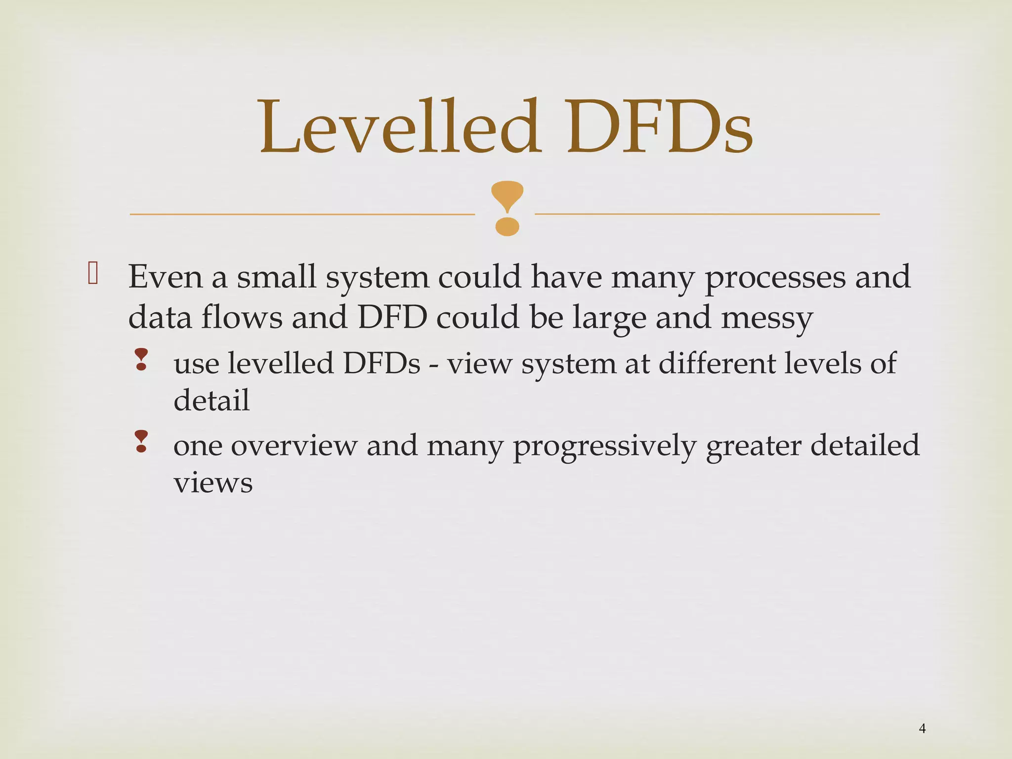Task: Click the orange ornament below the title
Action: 507,208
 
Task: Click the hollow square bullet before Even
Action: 93,273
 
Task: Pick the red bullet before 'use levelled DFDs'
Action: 141,359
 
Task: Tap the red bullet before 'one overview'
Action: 141,441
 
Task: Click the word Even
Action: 166,277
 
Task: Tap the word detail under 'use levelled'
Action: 211,400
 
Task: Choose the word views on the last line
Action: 213,483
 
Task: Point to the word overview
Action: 294,446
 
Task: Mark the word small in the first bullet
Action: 276,277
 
